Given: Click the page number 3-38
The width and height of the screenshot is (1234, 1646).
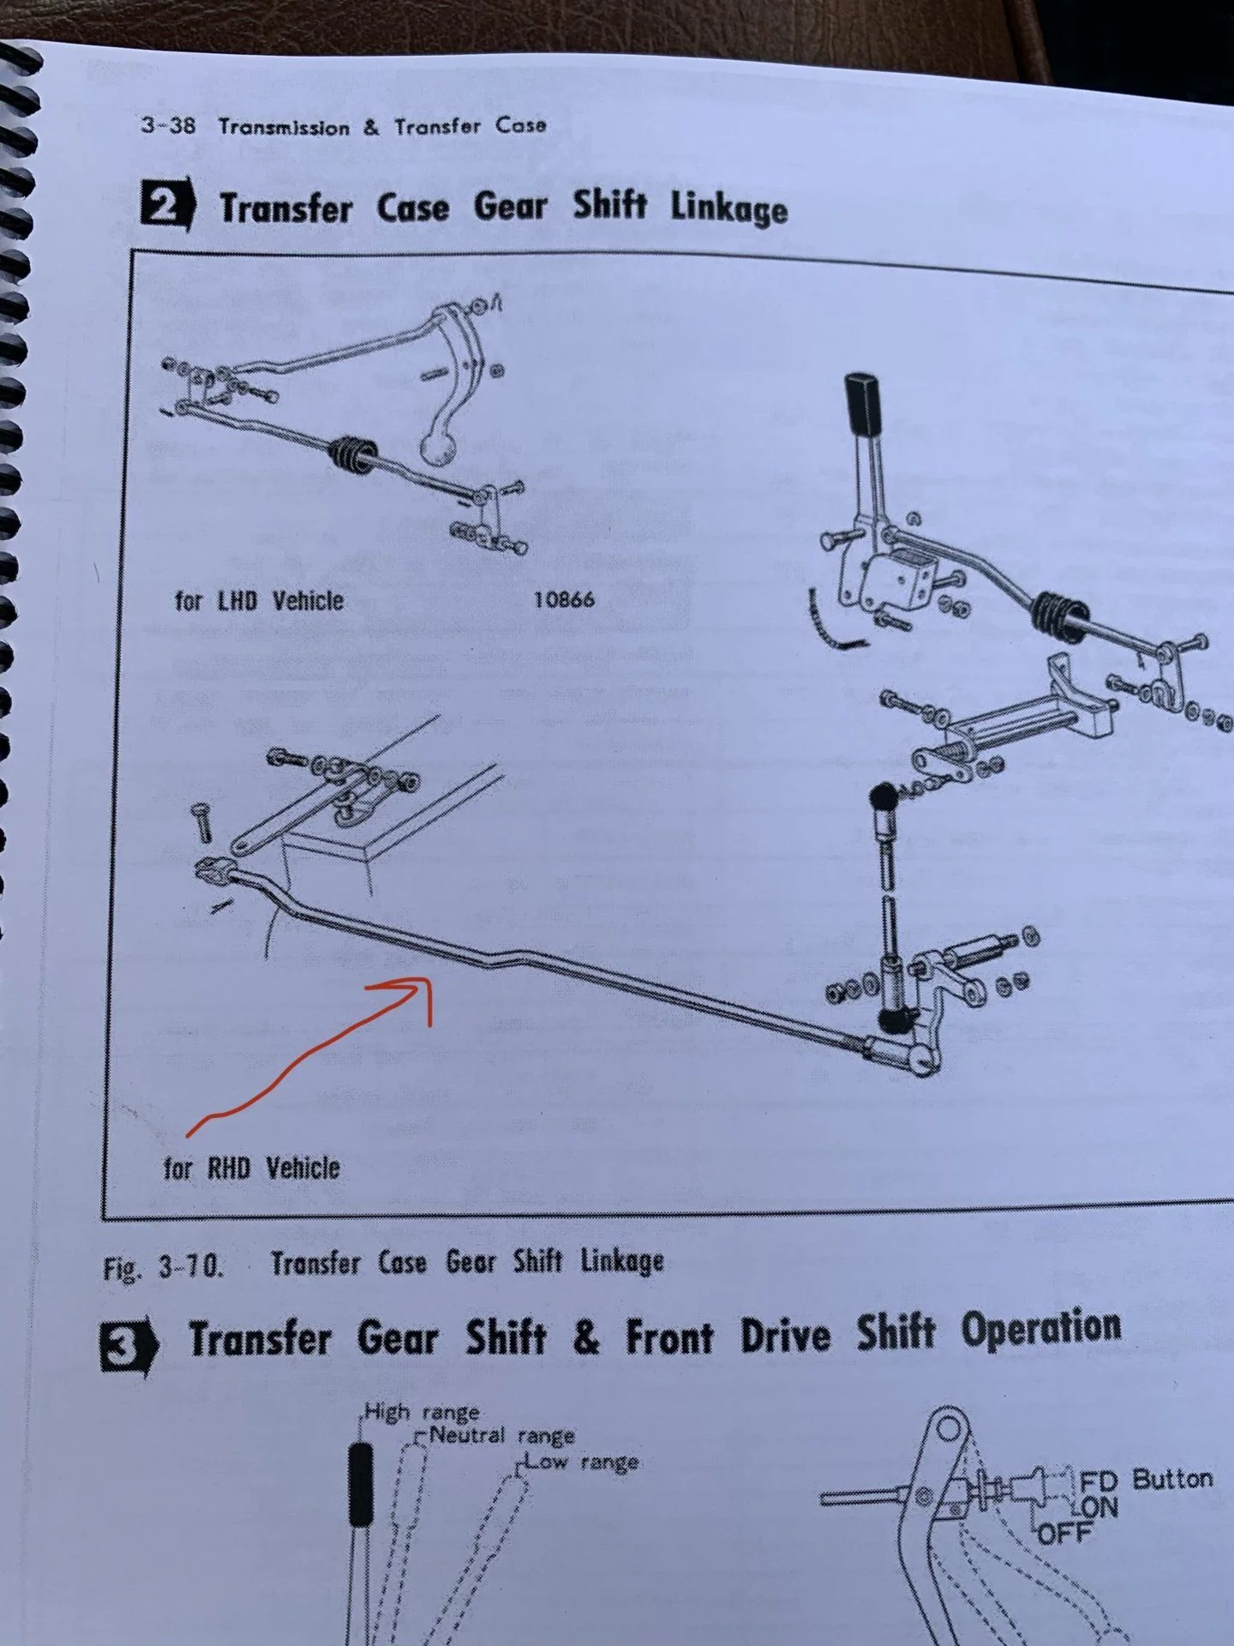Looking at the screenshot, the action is (168, 125).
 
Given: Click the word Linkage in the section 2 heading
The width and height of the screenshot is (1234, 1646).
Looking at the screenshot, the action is (728, 209).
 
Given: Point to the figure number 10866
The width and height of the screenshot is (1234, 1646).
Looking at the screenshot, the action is (564, 599).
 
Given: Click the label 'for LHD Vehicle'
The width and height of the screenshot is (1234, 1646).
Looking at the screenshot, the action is (259, 599).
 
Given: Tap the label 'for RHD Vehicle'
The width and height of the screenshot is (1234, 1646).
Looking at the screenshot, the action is (253, 1168).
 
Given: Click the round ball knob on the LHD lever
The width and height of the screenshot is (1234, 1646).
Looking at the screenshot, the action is (439, 448).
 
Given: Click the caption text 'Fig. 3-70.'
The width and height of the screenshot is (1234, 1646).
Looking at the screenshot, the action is (164, 1267).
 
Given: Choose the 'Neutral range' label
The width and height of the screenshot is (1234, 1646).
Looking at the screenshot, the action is (502, 1435).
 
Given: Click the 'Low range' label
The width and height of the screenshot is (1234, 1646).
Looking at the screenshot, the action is (583, 1462).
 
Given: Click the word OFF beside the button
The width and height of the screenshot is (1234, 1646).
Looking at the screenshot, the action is (1066, 1532).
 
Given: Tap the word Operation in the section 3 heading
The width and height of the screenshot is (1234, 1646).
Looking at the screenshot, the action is (1041, 1329).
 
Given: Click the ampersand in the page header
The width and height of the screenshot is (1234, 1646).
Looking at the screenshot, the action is (370, 127).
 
